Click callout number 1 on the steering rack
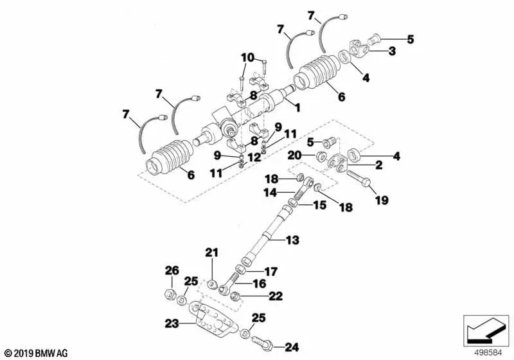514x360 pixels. point(296,103)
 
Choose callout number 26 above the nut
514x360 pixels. point(171,270)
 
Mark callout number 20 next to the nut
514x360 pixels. point(294,155)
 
